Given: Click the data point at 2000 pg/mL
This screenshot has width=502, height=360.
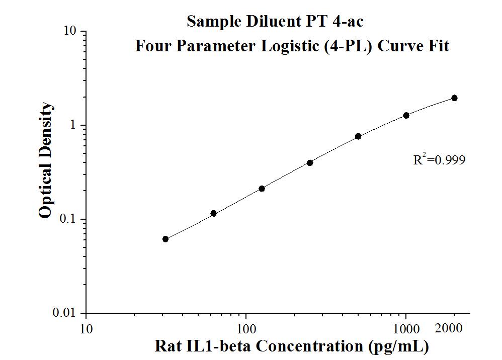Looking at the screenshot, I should [x=454, y=98].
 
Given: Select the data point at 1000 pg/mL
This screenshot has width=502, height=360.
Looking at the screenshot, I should [x=406, y=115].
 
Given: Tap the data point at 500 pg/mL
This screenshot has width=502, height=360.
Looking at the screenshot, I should [x=358, y=136].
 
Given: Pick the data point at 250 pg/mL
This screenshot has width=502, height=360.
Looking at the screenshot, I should [x=310, y=162].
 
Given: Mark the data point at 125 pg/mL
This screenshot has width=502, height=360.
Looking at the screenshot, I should [x=262, y=189].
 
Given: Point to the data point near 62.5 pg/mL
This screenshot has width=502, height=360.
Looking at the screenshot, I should [x=214, y=213].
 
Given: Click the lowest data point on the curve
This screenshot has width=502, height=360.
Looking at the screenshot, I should [x=165, y=239].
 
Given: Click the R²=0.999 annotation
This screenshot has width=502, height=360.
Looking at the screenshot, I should [x=439, y=160].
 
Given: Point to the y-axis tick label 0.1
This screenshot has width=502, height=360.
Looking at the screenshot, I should [x=68, y=219].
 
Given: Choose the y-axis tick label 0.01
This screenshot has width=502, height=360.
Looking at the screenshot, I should [x=65, y=313].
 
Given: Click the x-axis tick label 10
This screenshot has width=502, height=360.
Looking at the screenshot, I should [x=86, y=329].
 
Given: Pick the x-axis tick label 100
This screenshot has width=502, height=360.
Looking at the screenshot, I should [x=246, y=329].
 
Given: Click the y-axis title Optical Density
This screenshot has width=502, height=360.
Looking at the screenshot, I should [x=45, y=160].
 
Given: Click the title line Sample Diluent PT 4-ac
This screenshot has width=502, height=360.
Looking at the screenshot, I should [x=275, y=21].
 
